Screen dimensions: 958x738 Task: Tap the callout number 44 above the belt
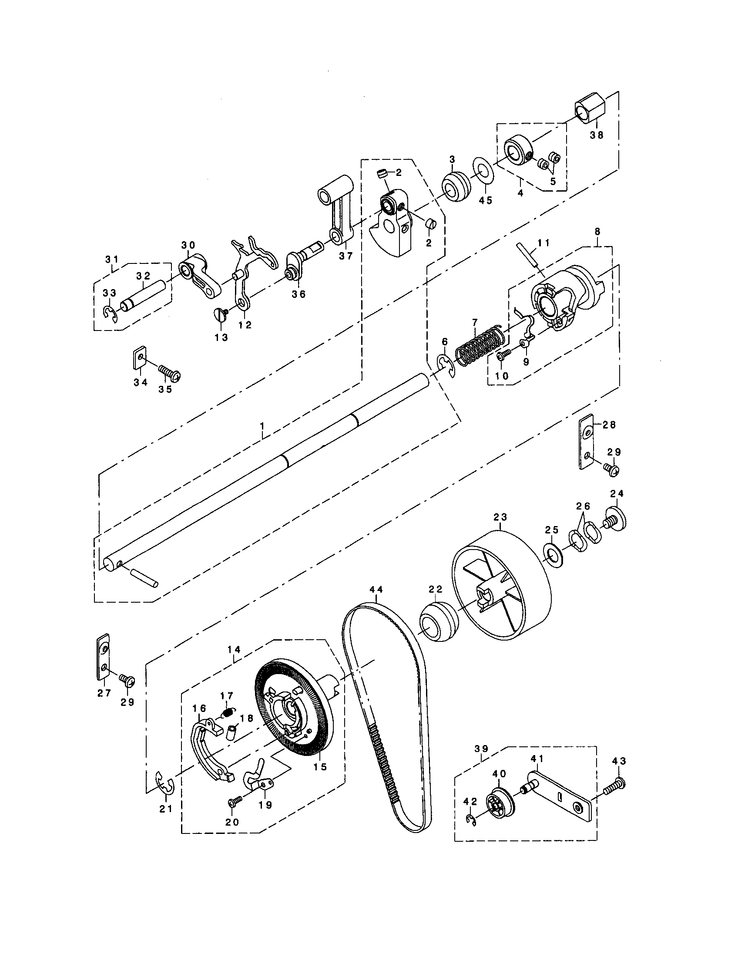376,590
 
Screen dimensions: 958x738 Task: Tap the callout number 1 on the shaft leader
262,425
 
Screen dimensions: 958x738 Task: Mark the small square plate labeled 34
139,359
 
